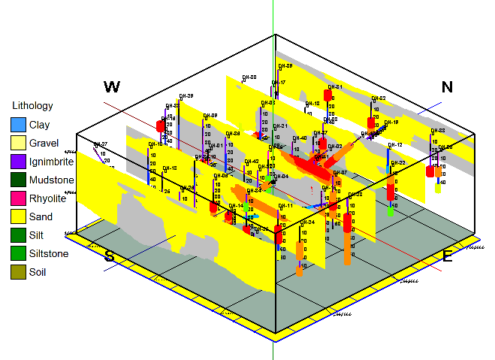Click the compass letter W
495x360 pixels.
click(112, 86)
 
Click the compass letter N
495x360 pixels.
click(447, 86)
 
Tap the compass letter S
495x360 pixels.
click(110, 256)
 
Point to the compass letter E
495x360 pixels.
click(447, 256)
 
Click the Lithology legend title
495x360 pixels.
click(32, 106)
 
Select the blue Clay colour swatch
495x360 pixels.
click(18, 125)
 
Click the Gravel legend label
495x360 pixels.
click(44, 143)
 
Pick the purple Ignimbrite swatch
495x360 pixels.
click(18, 162)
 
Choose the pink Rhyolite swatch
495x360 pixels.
click(18, 198)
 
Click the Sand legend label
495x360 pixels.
click(41, 216)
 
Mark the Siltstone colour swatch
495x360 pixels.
click(18, 253)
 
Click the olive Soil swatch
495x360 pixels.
click(18, 272)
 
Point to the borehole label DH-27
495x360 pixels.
click(100, 144)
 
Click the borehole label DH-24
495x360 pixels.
click(306, 222)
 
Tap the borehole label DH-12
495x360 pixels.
click(395, 145)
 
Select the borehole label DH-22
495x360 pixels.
click(397, 163)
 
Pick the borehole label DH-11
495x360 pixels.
click(285, 205)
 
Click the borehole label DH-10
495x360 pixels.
click(155, 144)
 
